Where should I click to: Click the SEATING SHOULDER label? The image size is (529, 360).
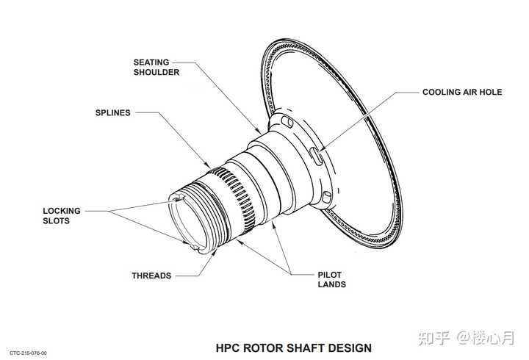[x=156, y=67]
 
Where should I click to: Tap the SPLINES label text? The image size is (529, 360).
[x=113, y=113]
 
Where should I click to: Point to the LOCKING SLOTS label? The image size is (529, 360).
[x=62, y=216]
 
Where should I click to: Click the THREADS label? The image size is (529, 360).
[x=151, y=276]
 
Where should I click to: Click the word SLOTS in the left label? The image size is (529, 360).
[x=57, y=221]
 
